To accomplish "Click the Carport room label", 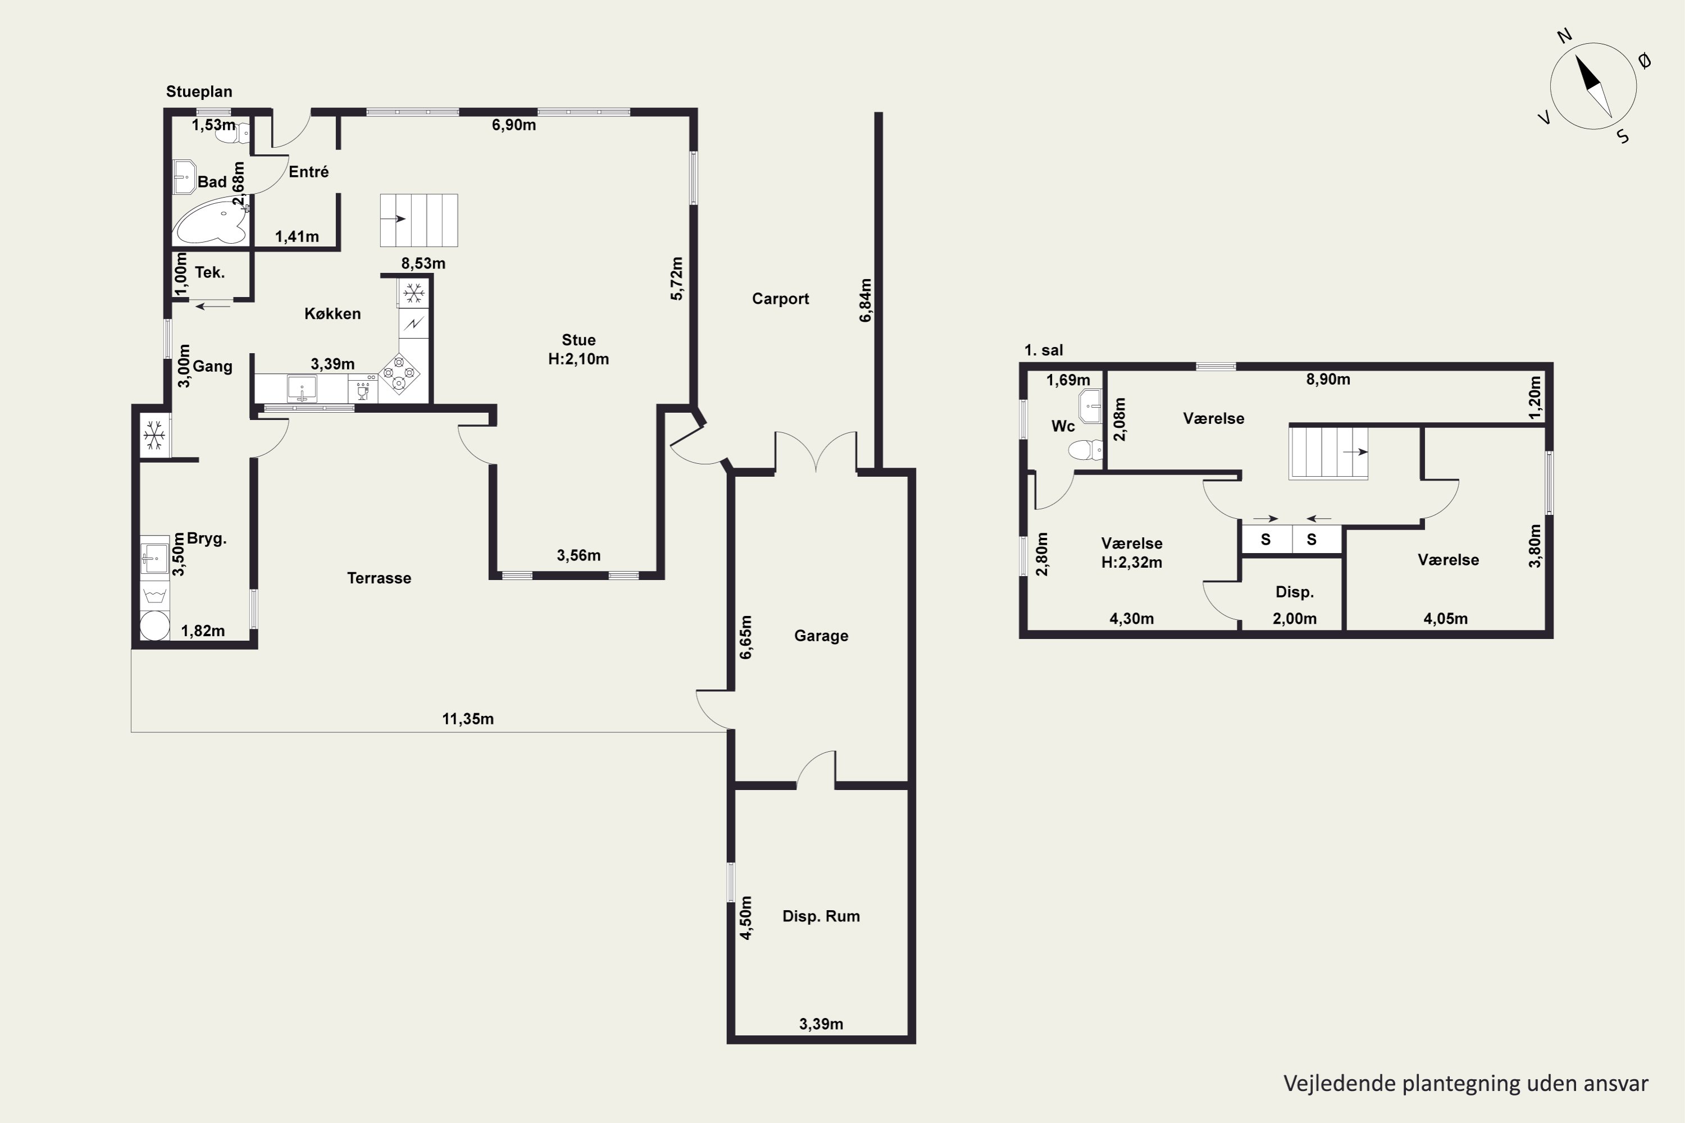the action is [x=780, y=299].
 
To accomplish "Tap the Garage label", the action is [x=821, y=636].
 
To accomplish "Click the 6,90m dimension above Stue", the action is [x=514, y=125].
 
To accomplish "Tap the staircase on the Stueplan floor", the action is [x=418, y=220].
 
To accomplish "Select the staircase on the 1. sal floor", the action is [x=1328, y=453].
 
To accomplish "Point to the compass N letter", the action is [x=1565, y=56].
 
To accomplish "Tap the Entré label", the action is [x=309, y=172].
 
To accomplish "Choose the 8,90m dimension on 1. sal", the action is [x=1328, y=380].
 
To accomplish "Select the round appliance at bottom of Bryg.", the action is [x=155, y=626].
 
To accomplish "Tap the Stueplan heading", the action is [x=199, y=92].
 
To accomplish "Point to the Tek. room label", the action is [x=210, y=273].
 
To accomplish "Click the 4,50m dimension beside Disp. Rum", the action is [x=746, y=918].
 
